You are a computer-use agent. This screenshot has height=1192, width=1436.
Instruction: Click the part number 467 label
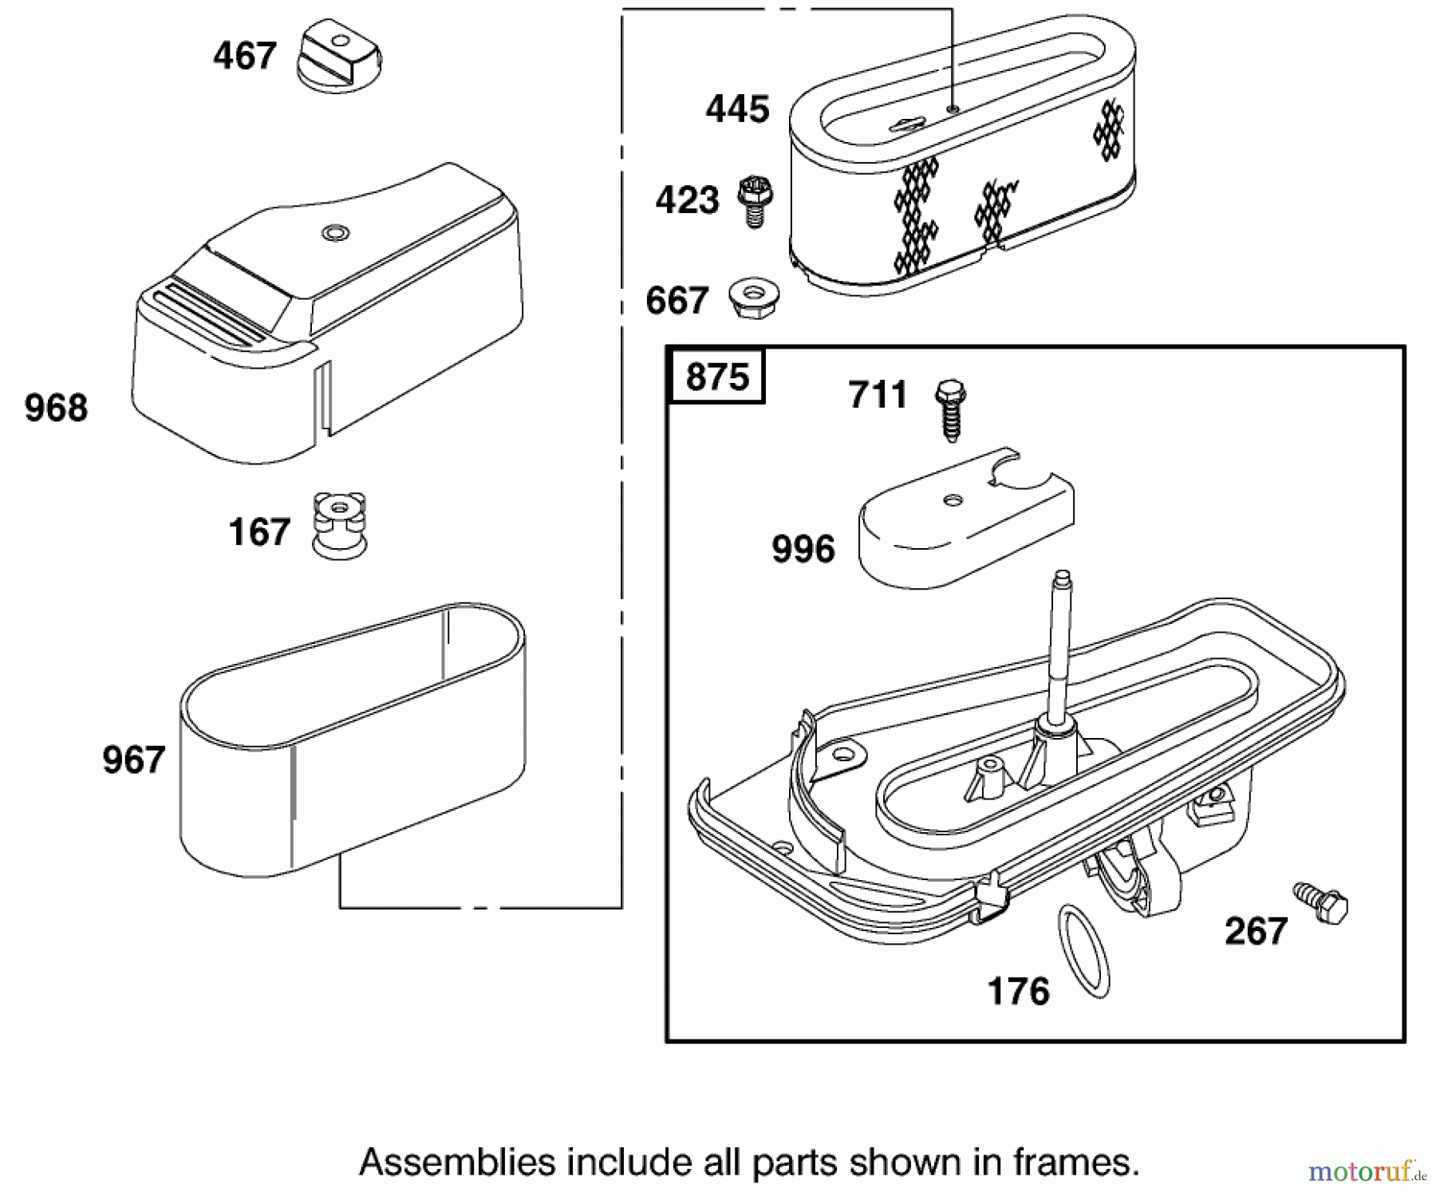[244, 56]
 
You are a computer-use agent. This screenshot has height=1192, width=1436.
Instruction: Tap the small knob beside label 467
[340, 55]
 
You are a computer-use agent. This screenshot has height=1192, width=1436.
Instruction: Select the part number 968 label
[56, 408]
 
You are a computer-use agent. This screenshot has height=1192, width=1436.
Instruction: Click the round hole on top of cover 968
[336, 233]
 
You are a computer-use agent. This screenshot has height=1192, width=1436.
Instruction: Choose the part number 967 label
[133, 759]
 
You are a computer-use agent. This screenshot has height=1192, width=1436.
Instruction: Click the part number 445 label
[737, 109]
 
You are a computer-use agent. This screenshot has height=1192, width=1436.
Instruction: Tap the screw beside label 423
[754, 201]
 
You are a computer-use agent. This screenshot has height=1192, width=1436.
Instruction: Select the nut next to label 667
[754, 298]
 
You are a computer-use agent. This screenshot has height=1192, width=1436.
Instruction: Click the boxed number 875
[717, 376]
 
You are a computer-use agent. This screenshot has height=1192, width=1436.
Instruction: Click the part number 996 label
[803, 549]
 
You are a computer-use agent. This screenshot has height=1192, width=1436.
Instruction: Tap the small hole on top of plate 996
[952, 500]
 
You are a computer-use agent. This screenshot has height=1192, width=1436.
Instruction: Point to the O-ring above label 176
[1083, 950]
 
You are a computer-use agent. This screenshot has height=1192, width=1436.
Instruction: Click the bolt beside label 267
[1320, 902]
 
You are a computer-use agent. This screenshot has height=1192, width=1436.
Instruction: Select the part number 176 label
[1018, 992]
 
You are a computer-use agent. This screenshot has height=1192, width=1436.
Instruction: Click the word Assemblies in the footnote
[457, 1162]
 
